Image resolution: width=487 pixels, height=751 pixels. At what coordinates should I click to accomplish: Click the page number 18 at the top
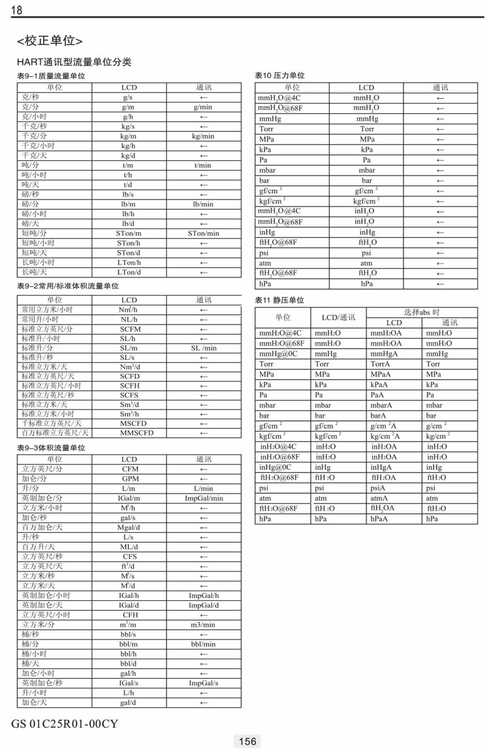click(x=17, y=10)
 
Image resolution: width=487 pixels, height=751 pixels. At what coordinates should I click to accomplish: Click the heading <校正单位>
click(x=49, y=41)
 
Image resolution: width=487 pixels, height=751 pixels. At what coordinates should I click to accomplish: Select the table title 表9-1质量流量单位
click(x=51, y=76)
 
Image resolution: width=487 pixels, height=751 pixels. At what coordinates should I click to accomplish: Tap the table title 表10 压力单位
click(x=280, y=75)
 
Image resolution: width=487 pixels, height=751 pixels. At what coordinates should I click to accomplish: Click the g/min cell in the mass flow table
click(x=203, y=107)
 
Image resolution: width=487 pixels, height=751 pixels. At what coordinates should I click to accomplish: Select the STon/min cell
click(x=204, y=233)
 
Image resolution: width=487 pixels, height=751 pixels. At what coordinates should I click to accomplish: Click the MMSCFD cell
click(x=136, y=433)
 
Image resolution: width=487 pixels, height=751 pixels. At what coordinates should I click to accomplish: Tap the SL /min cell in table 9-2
click(x=204, y=348)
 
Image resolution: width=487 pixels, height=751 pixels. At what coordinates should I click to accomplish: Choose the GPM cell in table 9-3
click(x=130, y=479)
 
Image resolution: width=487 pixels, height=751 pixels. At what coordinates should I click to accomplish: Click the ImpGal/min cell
click(x=204, y=498)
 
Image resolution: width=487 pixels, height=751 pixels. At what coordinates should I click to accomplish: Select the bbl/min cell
click(x=203, y=644)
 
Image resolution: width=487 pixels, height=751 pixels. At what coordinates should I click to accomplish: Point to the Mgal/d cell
click(x=129, y=527)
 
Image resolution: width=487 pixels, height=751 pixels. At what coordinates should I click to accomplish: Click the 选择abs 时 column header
click(x=421, y=312)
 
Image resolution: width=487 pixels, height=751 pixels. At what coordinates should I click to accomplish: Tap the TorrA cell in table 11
click(x=380, y=364)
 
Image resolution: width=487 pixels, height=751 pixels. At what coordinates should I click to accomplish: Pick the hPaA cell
click(x=379, y=519)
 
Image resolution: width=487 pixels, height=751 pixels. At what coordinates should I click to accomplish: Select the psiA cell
click(x=377, y=488)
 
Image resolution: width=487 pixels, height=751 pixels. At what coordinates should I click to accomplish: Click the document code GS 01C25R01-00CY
click(x=64, y=724)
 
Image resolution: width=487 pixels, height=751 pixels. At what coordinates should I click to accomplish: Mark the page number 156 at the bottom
click(x=247, y=741)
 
